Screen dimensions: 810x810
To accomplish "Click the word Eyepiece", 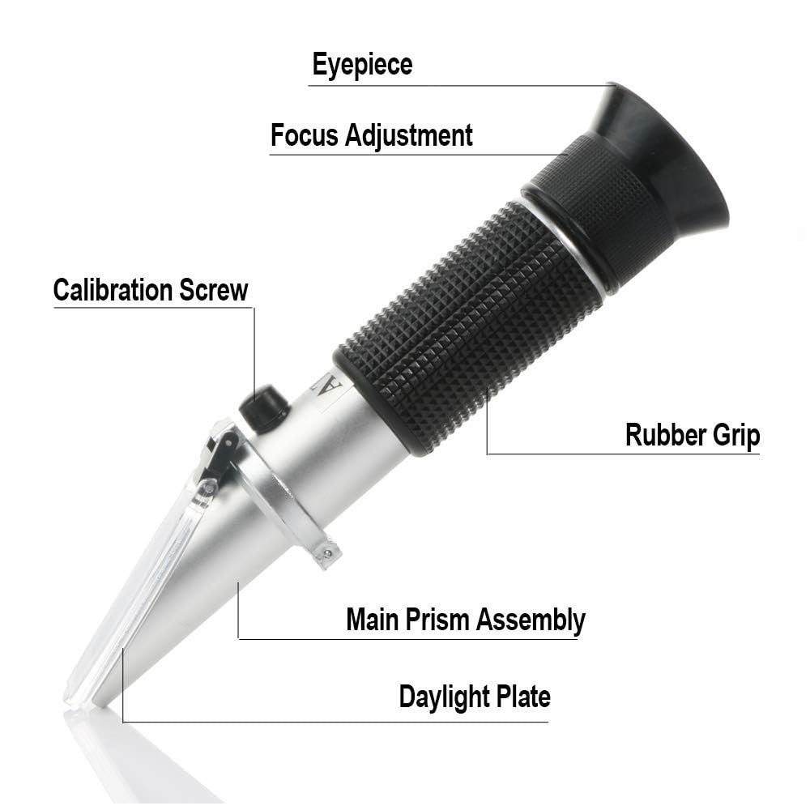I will click(x=362, y=65).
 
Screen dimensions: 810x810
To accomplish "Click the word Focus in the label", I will click(x=305, y=135).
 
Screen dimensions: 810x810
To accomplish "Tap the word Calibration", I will click(x=113, y=289).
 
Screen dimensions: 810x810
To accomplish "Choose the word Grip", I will click(x=733, y=436).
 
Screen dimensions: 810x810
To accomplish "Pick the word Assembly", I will click(x=530, y=620).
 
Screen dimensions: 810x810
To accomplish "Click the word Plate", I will click(x=522, y=696).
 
